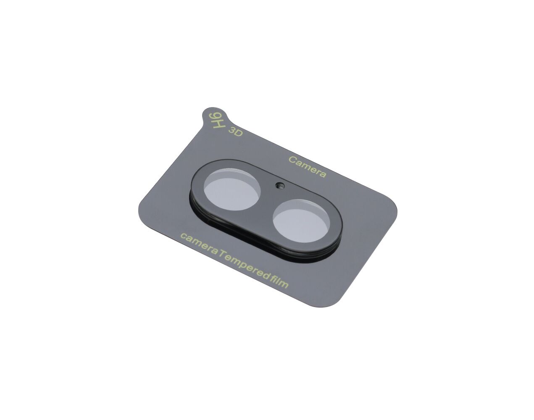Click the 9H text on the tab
pos(217,120)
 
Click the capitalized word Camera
pos(307,167)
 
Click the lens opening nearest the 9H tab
pos(232,189)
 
